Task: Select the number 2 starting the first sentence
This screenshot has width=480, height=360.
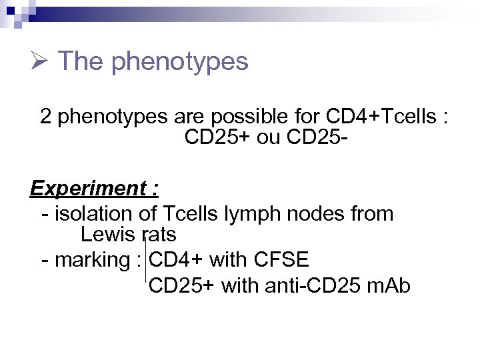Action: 46,117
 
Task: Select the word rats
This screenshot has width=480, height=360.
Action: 159,235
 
